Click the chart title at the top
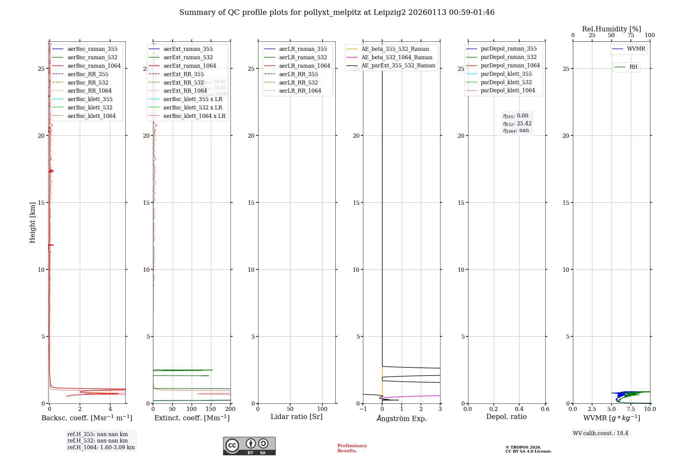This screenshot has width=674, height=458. (337, 12)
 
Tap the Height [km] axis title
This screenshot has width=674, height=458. (32, 222)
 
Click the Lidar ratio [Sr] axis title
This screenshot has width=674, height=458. (297, 417)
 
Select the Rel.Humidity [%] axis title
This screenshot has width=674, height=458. (611, 29)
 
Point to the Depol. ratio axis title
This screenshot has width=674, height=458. (506, 417)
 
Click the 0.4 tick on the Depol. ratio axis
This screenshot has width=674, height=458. (519, 409)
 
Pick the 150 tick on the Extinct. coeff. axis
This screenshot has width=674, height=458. (211, 409)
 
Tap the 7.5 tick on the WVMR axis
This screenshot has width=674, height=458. (631, 409)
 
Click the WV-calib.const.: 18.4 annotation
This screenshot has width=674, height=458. (600, 433)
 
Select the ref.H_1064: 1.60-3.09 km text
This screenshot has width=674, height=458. (101, 447)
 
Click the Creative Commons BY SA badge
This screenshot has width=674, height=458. (249, 446)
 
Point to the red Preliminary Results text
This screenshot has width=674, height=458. (352, 448)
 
